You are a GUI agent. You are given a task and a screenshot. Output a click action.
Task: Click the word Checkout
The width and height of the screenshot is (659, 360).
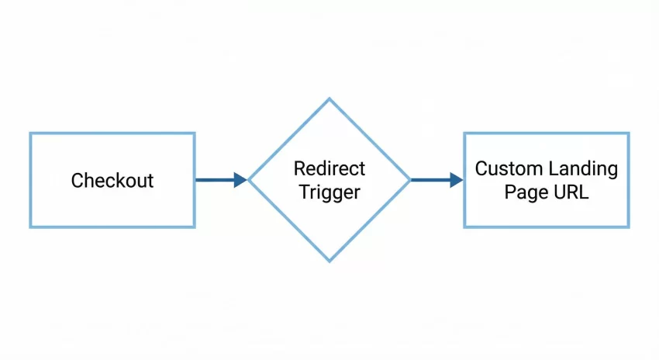[x=112, y=181]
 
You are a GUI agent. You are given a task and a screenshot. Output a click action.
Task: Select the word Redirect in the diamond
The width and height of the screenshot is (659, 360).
[x=329, y=168]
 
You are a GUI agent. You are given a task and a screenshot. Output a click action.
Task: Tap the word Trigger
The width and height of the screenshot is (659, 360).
[x=329, y=192]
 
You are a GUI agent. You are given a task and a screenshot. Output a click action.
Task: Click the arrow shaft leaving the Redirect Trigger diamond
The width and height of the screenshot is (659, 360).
[x=430, y=180]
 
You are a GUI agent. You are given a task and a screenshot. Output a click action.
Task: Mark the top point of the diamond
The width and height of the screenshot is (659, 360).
[x=329, y=99]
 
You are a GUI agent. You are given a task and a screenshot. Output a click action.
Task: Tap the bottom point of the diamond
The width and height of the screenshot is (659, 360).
[x=329, y=261]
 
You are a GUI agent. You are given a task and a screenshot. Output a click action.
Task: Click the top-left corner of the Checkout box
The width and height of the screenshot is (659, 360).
[x=31, y=133]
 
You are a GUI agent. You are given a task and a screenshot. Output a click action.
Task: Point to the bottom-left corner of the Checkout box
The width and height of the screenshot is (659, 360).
[x=31, y=227]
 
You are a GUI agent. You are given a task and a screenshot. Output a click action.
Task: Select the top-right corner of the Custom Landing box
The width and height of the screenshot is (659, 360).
[x=628, y=133]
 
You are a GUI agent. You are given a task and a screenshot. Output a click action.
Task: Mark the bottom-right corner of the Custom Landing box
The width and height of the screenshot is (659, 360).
[x=628, y=227]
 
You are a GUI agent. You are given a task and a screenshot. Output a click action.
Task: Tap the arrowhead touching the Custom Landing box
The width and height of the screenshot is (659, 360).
[x=456, y=180]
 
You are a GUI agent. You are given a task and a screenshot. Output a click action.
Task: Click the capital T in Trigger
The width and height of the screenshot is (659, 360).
[x=302, y=192]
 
